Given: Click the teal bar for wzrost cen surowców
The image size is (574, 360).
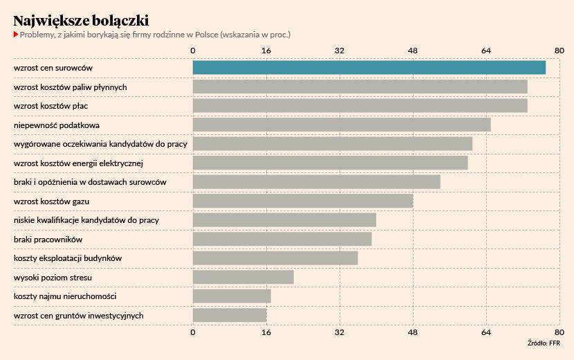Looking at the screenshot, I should point(369,68).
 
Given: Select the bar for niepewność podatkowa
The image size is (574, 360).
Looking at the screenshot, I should point(342,125).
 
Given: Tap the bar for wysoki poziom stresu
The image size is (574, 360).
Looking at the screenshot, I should point(243,277).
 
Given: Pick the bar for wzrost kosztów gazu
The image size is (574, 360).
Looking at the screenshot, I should point(302,201).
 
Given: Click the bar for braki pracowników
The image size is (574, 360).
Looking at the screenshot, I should point(282,239).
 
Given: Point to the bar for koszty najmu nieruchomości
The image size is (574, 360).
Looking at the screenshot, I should point(232,296).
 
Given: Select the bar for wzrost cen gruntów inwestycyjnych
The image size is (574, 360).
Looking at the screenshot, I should point(230,315).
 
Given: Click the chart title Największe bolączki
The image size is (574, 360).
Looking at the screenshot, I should point(80,20).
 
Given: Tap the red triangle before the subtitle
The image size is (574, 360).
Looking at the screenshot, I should point(16,34).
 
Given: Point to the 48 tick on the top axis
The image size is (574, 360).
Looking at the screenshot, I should point(413,51).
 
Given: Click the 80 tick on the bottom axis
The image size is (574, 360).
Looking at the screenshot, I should point(559,333).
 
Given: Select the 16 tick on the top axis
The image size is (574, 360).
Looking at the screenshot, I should point(266,51).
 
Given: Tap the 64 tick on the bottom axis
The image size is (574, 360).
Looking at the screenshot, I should point(486,333).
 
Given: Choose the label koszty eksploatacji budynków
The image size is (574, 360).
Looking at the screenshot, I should point(68,258).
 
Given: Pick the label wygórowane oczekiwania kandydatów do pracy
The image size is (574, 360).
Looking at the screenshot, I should point(100,144).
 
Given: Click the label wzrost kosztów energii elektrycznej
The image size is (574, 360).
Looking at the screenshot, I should point(78,163).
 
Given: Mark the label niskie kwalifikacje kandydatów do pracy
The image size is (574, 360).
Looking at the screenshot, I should point(86,220).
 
